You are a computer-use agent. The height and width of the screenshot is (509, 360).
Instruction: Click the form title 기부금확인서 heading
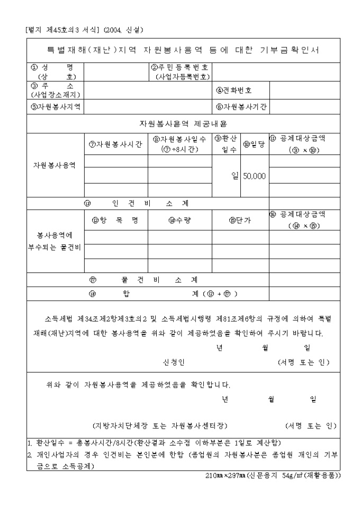click(x=183, y=50)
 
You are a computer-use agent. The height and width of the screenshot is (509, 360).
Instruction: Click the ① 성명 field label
click(x=51, y=72)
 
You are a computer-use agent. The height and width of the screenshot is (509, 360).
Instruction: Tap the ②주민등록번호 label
click(x=180, y=72)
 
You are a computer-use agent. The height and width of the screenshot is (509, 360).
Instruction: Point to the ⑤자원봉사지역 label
click(x=55, y=106)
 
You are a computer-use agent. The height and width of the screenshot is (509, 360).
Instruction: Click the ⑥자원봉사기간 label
click(x=241, y=106)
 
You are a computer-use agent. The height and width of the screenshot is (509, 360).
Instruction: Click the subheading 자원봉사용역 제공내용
click(x=183, y=124)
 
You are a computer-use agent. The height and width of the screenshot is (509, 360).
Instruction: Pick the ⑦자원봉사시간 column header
click(x=115, y=144)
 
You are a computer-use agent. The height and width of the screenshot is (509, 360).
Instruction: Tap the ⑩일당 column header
click(x=254, y=144)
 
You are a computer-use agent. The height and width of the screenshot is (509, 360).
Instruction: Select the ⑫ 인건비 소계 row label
click(x=140, y=203)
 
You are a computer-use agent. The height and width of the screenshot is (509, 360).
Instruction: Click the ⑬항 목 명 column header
click(x=115, y=220)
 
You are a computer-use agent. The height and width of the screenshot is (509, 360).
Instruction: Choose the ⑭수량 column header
click(x=179, y=220)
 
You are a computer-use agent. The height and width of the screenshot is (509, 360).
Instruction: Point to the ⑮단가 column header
click(x=240, y=220)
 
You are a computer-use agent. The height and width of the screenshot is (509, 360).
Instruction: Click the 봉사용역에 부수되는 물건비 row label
click(x=55, y=241)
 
